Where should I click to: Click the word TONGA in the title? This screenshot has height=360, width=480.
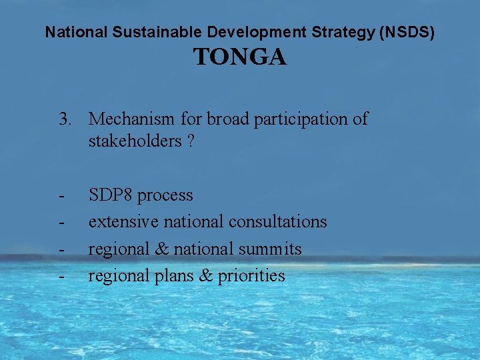(240, 58)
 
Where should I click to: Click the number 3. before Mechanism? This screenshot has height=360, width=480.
(65, 119)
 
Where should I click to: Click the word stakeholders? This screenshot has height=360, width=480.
(134, 141)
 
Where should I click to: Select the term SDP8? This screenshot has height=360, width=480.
(111, 195)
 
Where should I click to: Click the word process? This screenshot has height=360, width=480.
(165, 196)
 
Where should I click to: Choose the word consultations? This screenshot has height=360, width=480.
(278, 221)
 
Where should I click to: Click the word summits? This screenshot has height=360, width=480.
(271, 249)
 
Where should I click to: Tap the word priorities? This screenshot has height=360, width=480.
(251, 276)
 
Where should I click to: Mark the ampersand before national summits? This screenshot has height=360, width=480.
(162, 249)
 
